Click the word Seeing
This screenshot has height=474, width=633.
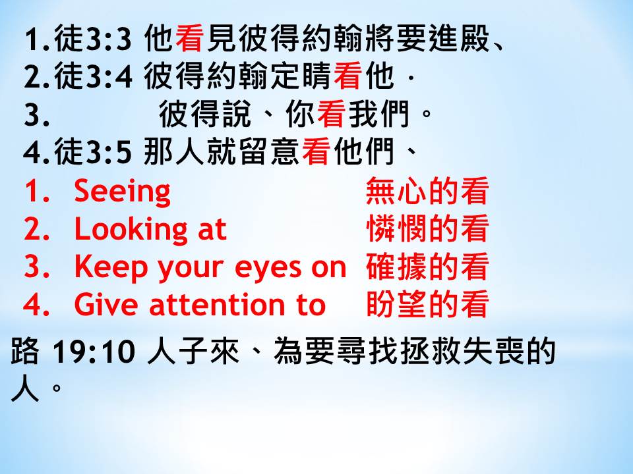coord(123,192)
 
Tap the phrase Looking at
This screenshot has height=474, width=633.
coord(150,230)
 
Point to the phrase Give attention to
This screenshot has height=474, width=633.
coord(200,304)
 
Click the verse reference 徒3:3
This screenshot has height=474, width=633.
coord(93,39)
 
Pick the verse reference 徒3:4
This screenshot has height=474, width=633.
coord(93,76)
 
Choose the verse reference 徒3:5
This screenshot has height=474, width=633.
coord(93,152)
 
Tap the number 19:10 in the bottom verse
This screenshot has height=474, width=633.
coord(94,352)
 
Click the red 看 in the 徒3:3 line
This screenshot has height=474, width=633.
coord(189,39)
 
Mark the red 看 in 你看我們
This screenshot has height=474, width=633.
coord(331,115)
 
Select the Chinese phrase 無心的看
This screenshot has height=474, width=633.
coord(427,191)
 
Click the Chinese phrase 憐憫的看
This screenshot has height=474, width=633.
coord(427,229)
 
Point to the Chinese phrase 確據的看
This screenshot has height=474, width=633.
coord(427,267)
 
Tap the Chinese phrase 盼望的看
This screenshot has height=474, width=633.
coord(427,303)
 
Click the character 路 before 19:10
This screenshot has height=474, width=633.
coord(25,351)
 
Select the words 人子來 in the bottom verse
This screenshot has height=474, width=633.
coord(193,351)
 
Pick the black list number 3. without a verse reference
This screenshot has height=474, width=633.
coord(37,115)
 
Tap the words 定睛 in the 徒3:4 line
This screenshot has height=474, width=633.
coord(301,76)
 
